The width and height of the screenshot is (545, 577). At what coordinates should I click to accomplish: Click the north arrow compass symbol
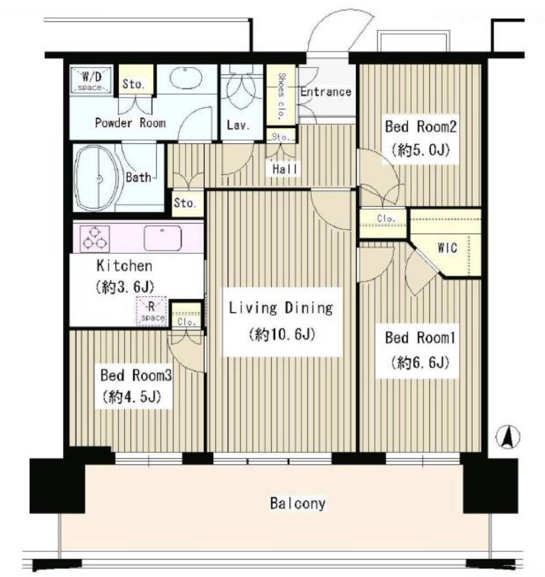click(x=508, y=437)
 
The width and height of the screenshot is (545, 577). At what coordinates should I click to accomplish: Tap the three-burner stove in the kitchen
click(x=94, y=239)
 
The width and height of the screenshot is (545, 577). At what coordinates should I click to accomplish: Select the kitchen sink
click(x=162, y=238)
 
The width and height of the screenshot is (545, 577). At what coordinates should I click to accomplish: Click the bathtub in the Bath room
click(x=97, y=178)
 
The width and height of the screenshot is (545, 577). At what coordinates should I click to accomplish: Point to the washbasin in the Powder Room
click(x=186, y=79)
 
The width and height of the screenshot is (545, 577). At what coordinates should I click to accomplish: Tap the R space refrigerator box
click(x=151, y=311)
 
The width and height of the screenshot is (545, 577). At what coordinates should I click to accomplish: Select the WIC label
click(x=447, y=248)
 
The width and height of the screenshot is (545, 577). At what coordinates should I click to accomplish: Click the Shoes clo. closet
click(x=281, y=95)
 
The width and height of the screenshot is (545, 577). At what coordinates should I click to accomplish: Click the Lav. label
click(x=238, y=126)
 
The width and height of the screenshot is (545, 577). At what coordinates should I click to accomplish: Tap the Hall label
click(x=284, y=169)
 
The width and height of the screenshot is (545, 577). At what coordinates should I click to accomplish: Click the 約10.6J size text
click(x=282, y=334)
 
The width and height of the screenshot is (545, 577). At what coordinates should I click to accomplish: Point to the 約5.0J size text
click(x=420, y=150)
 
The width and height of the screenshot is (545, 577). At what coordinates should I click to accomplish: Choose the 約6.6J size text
click(x=420, y=363)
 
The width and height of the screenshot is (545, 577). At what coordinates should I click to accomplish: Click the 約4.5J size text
click(x=131, y=397)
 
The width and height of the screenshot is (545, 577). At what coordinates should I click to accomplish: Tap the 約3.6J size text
click(x=125, y=287)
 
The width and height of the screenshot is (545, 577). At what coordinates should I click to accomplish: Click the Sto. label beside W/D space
click(x=134, y=84)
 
